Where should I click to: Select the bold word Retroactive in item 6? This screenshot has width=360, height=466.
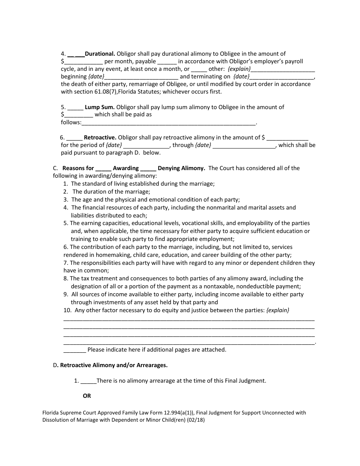pyautogui.click(x=100, y=138)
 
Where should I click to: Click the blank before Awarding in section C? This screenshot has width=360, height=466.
pyautogui.click(x=103, y=168)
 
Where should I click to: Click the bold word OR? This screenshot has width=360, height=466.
pyautogui.click(x=87, y=396)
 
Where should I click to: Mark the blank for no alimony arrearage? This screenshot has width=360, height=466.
pyautogui.click(x=89, y=381)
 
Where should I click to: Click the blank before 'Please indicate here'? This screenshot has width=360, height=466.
pyautogui.click(x=75, y=350)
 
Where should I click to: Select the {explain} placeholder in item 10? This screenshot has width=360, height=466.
pyautogui.click(x=278, y=310)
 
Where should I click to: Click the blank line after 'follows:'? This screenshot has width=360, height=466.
pyautogui.click(x=169, y=123)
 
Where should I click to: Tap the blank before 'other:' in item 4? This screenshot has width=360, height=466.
pyautogui.click(x=199, y=69)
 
